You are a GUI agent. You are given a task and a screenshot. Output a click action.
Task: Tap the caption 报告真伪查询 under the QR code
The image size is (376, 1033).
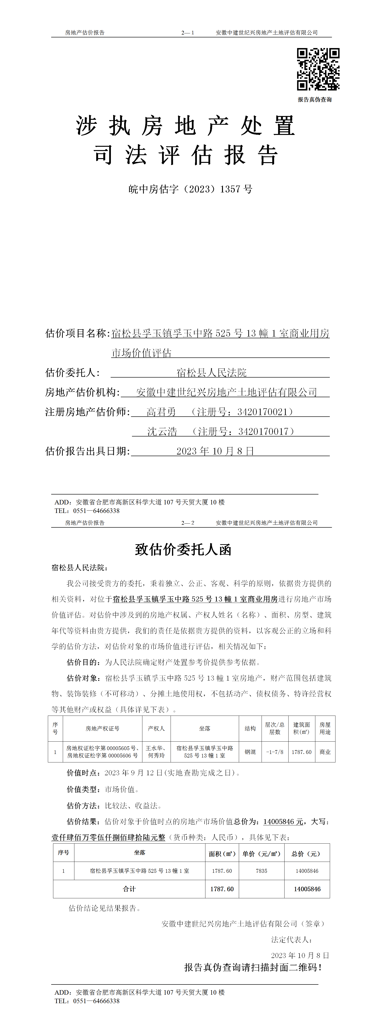coord(315,99)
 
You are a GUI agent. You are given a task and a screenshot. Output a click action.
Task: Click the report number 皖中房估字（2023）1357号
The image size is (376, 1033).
coord(190,189)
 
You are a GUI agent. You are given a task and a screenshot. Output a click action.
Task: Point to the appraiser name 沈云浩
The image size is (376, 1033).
coord(162,432)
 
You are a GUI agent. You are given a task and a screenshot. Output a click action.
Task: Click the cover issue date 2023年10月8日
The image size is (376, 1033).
coord(215,451)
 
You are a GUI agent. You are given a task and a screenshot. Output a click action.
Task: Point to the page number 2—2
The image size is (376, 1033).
coord(188,523)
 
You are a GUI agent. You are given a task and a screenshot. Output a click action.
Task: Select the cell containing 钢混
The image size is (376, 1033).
coord(250,752)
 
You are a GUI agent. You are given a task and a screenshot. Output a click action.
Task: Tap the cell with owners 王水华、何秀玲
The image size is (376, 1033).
coord(156,752)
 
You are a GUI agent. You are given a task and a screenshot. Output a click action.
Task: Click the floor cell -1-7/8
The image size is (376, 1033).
coord(275,752)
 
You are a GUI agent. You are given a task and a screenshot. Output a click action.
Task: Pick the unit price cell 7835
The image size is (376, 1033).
coord(261,871)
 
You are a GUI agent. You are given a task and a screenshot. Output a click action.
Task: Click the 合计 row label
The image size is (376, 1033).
coord(129,889)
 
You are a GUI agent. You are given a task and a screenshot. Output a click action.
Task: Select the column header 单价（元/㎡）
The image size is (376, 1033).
coord(261,854)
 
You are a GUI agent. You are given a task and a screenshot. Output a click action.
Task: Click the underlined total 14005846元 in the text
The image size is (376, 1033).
coord(283,822)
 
